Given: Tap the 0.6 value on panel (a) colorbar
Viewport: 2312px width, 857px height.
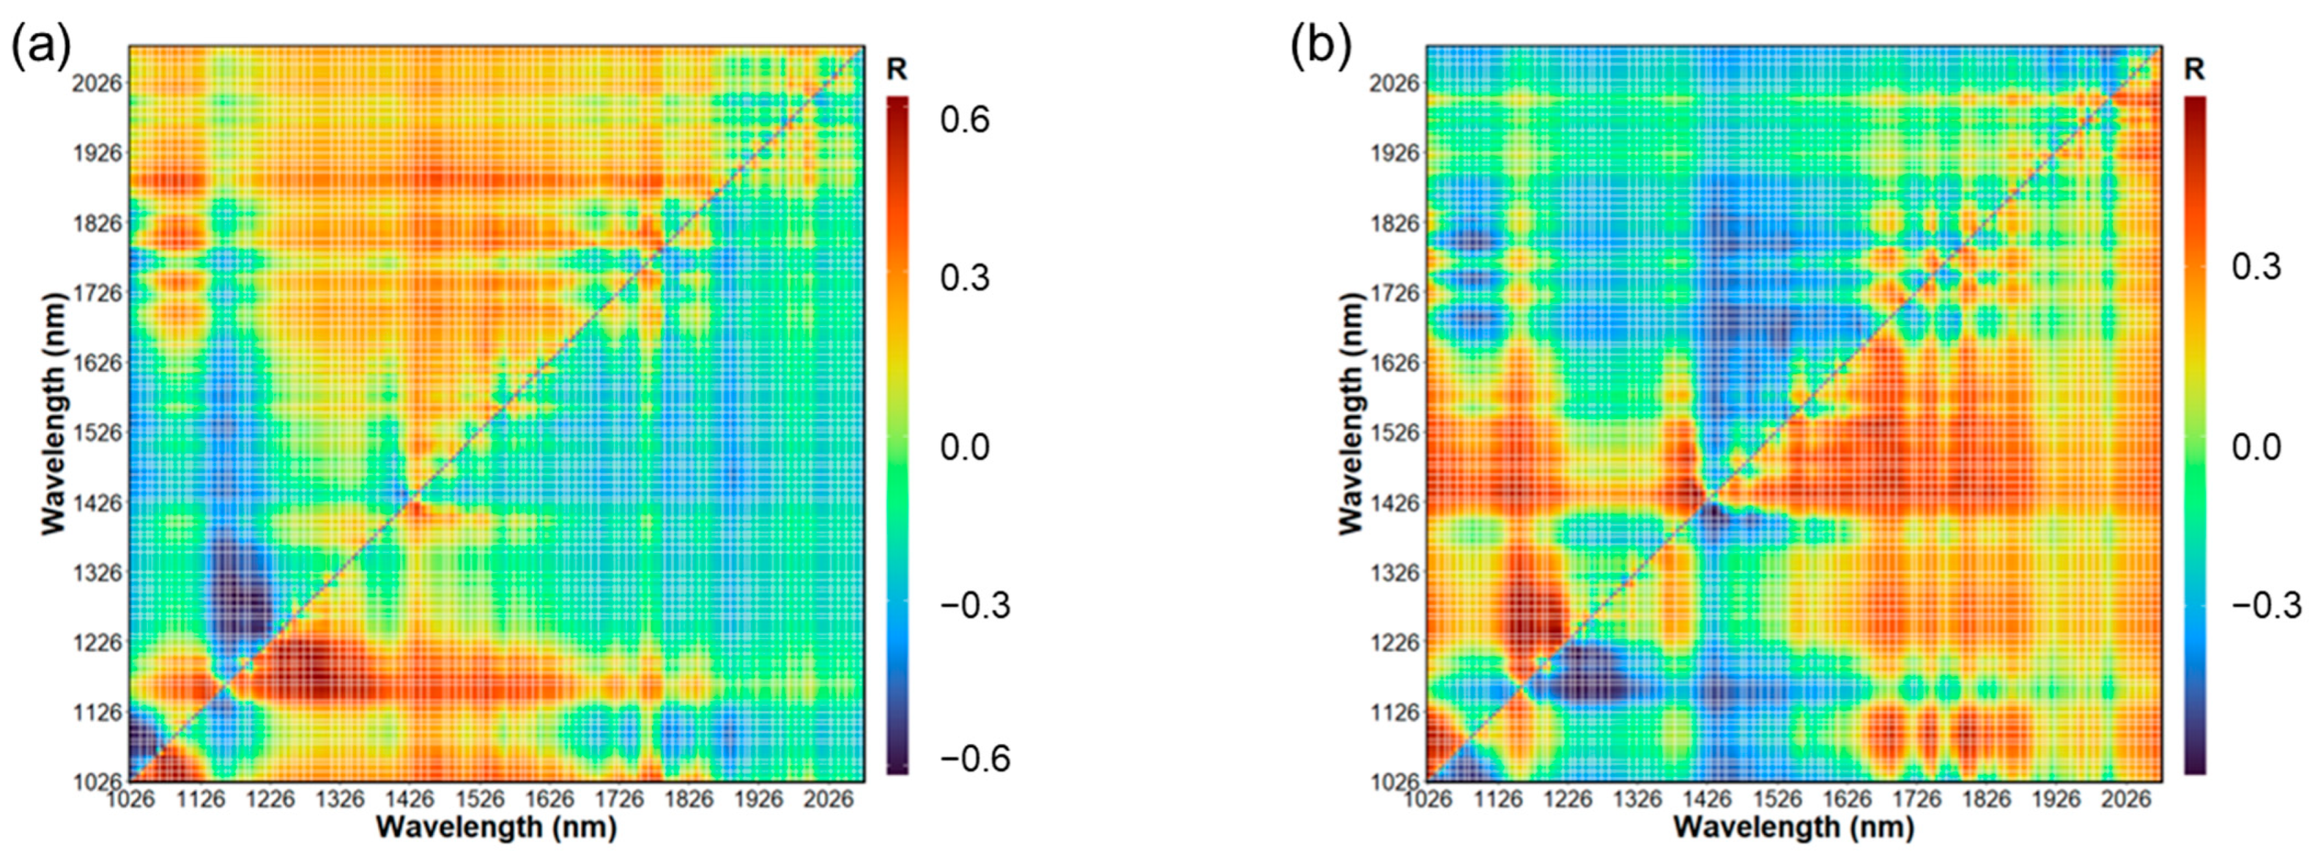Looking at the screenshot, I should pyautogui.click(x=964, y=119).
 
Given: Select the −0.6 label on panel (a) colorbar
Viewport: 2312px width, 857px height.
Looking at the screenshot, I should pyautogui.click(x=975, y=759).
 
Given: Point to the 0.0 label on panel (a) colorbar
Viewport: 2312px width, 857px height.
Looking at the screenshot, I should pyautogui.click(x=964, y=446).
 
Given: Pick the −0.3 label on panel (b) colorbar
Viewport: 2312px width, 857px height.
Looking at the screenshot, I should pyautogui.click(x=2266, y=605).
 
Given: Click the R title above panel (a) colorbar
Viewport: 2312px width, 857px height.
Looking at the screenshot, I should pyautogui.click(x=897, y=70).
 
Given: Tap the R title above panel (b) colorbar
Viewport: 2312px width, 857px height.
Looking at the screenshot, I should pyautogui.click(x=2194, y=70).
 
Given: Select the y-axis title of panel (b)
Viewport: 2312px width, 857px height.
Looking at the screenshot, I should pyautogui.click(x=1351, y=414).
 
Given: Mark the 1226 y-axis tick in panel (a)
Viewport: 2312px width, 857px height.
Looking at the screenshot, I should pyautogui.click(x=98, y=643).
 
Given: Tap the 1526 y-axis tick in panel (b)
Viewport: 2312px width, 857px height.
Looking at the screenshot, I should pyautogui.click(x=1395, y=432).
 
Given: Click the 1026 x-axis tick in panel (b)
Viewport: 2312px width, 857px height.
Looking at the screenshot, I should pyautogui.click(x=1428, y=799).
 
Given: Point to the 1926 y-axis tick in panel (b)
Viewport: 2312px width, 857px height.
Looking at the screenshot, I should pyautogui.click(x=1395, y=153).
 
